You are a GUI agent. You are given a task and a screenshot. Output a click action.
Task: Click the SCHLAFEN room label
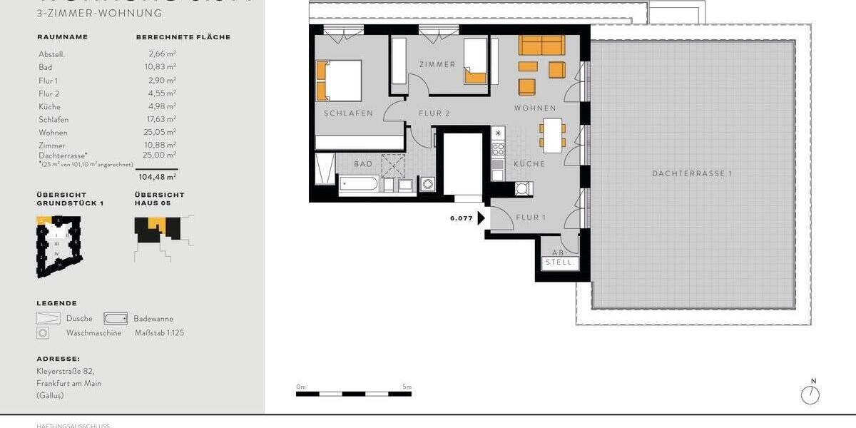(348, 113)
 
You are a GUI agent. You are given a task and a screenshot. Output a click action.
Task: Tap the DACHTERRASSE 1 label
(692, 173)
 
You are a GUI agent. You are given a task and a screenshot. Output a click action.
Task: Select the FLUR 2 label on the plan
(434, 113)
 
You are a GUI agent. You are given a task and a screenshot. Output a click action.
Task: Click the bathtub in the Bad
(360, 184)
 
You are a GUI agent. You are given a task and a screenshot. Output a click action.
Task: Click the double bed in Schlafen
(339, 80)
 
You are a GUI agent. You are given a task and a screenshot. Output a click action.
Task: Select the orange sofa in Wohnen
(541, 45)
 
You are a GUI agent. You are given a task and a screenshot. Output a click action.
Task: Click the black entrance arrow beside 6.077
(482, 218)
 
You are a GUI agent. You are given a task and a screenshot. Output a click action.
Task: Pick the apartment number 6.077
(461, 218)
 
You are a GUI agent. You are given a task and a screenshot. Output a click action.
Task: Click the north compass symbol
(810, 394)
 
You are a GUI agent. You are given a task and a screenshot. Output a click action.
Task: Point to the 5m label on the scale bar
(407, 387)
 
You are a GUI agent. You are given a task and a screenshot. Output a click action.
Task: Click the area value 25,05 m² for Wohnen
(163, 133)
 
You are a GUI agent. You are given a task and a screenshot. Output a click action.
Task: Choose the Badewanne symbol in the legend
(116, 319)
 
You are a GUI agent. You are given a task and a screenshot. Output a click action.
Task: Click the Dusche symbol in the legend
(49, 319)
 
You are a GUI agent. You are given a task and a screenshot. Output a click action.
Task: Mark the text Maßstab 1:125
(158, 332)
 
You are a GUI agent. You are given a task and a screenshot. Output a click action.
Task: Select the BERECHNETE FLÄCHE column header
(183, 37)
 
